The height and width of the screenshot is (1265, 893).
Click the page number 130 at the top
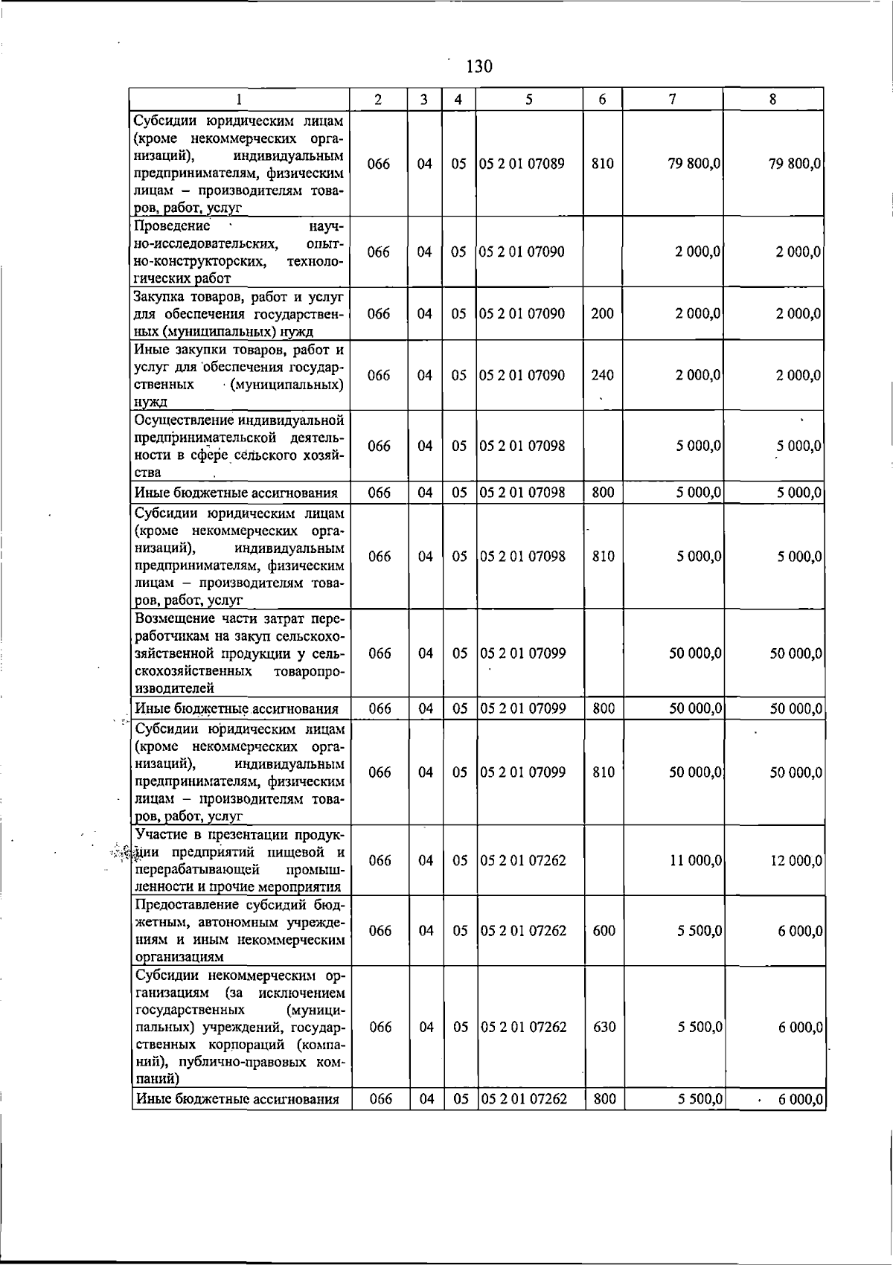coord(479,67)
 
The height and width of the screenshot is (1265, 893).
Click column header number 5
coord(528,100)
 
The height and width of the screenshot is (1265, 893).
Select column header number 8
coord(773,100)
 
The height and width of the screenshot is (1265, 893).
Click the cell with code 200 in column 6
coord(602,313)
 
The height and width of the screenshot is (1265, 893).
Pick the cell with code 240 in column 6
coord(602,375)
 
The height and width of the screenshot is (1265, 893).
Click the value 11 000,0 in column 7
coord(696,860)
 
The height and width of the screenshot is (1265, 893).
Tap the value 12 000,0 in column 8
coord(796,860)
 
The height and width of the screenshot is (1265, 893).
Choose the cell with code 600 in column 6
coord(604,930)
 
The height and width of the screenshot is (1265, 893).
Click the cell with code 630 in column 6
coord(604,1027)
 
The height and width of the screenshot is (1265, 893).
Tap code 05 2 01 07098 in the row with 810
coord(522,556)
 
